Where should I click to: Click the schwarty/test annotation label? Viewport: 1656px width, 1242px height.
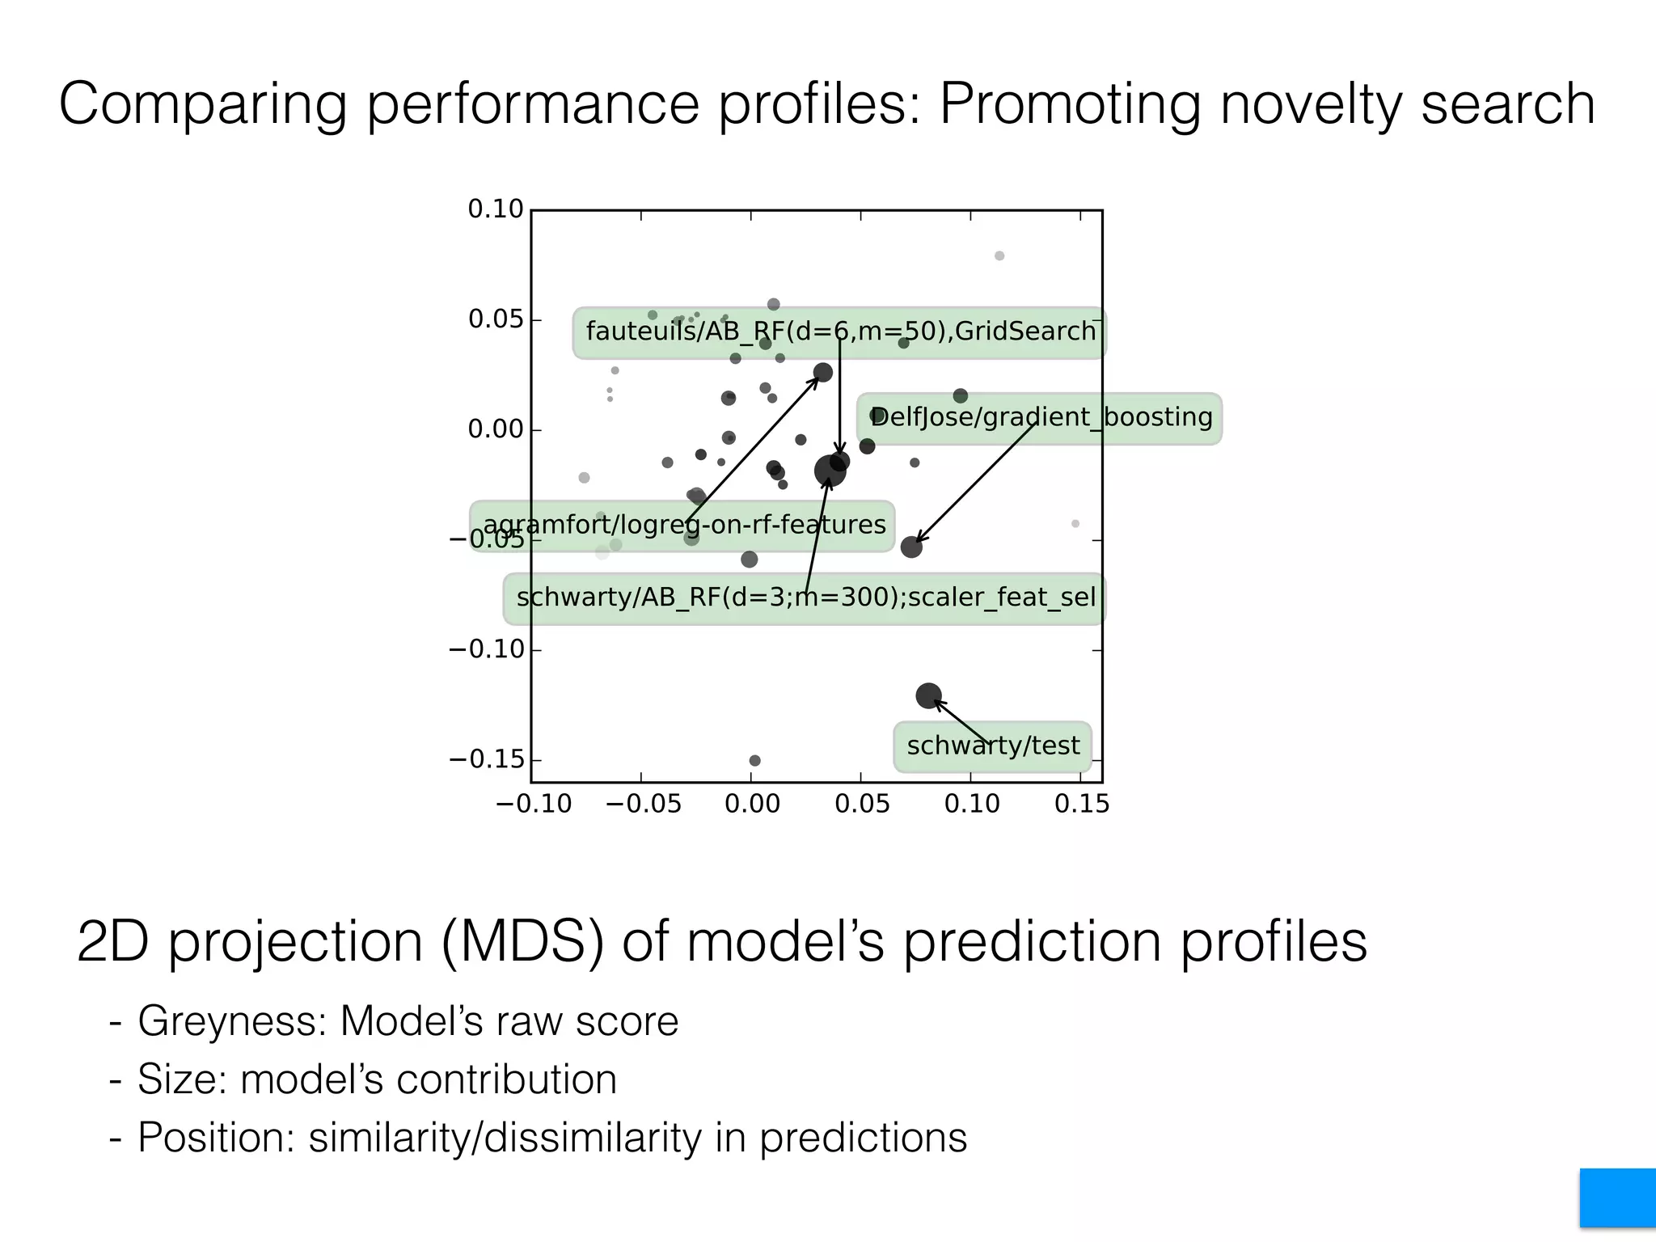coord(992,746)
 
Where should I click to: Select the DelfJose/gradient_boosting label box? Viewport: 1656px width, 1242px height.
coord(1040,418)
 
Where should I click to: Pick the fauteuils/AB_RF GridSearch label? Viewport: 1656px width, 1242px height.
coord(839,332)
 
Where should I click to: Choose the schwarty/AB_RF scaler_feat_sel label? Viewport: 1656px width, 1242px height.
coord(805,598)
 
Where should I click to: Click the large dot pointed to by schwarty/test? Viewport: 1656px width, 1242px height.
coord(928,695)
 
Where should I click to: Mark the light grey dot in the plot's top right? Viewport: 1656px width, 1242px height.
coord(999,256)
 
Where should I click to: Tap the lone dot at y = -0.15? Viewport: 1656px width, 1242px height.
coord(754,761)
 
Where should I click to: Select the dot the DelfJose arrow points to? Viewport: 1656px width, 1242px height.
coord(911,547)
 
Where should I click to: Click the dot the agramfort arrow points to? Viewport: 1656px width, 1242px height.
coord(822,373)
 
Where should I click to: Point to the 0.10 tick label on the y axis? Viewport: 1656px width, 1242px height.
coord(496,209)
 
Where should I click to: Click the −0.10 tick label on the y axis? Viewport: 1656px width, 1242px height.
coord(487,649)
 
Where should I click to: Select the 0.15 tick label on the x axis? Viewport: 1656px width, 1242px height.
coord(1082,805)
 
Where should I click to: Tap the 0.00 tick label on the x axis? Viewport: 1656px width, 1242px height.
coord(752,805)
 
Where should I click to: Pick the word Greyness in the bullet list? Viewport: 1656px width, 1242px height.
coord(231,1020)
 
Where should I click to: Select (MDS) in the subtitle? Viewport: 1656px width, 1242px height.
coord(522,942)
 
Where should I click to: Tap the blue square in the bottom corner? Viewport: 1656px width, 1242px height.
coord(1617,1198)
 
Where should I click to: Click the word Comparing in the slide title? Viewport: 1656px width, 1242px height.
coord(203,103)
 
